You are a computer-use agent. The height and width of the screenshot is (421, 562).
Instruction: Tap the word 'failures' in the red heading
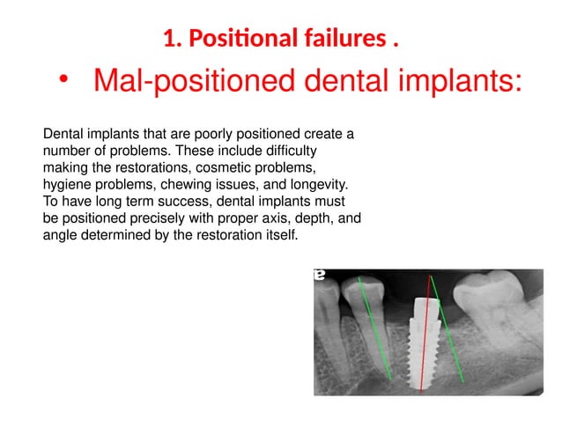(337, 40)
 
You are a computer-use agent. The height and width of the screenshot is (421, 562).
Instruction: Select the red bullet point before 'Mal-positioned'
(63, 81)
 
